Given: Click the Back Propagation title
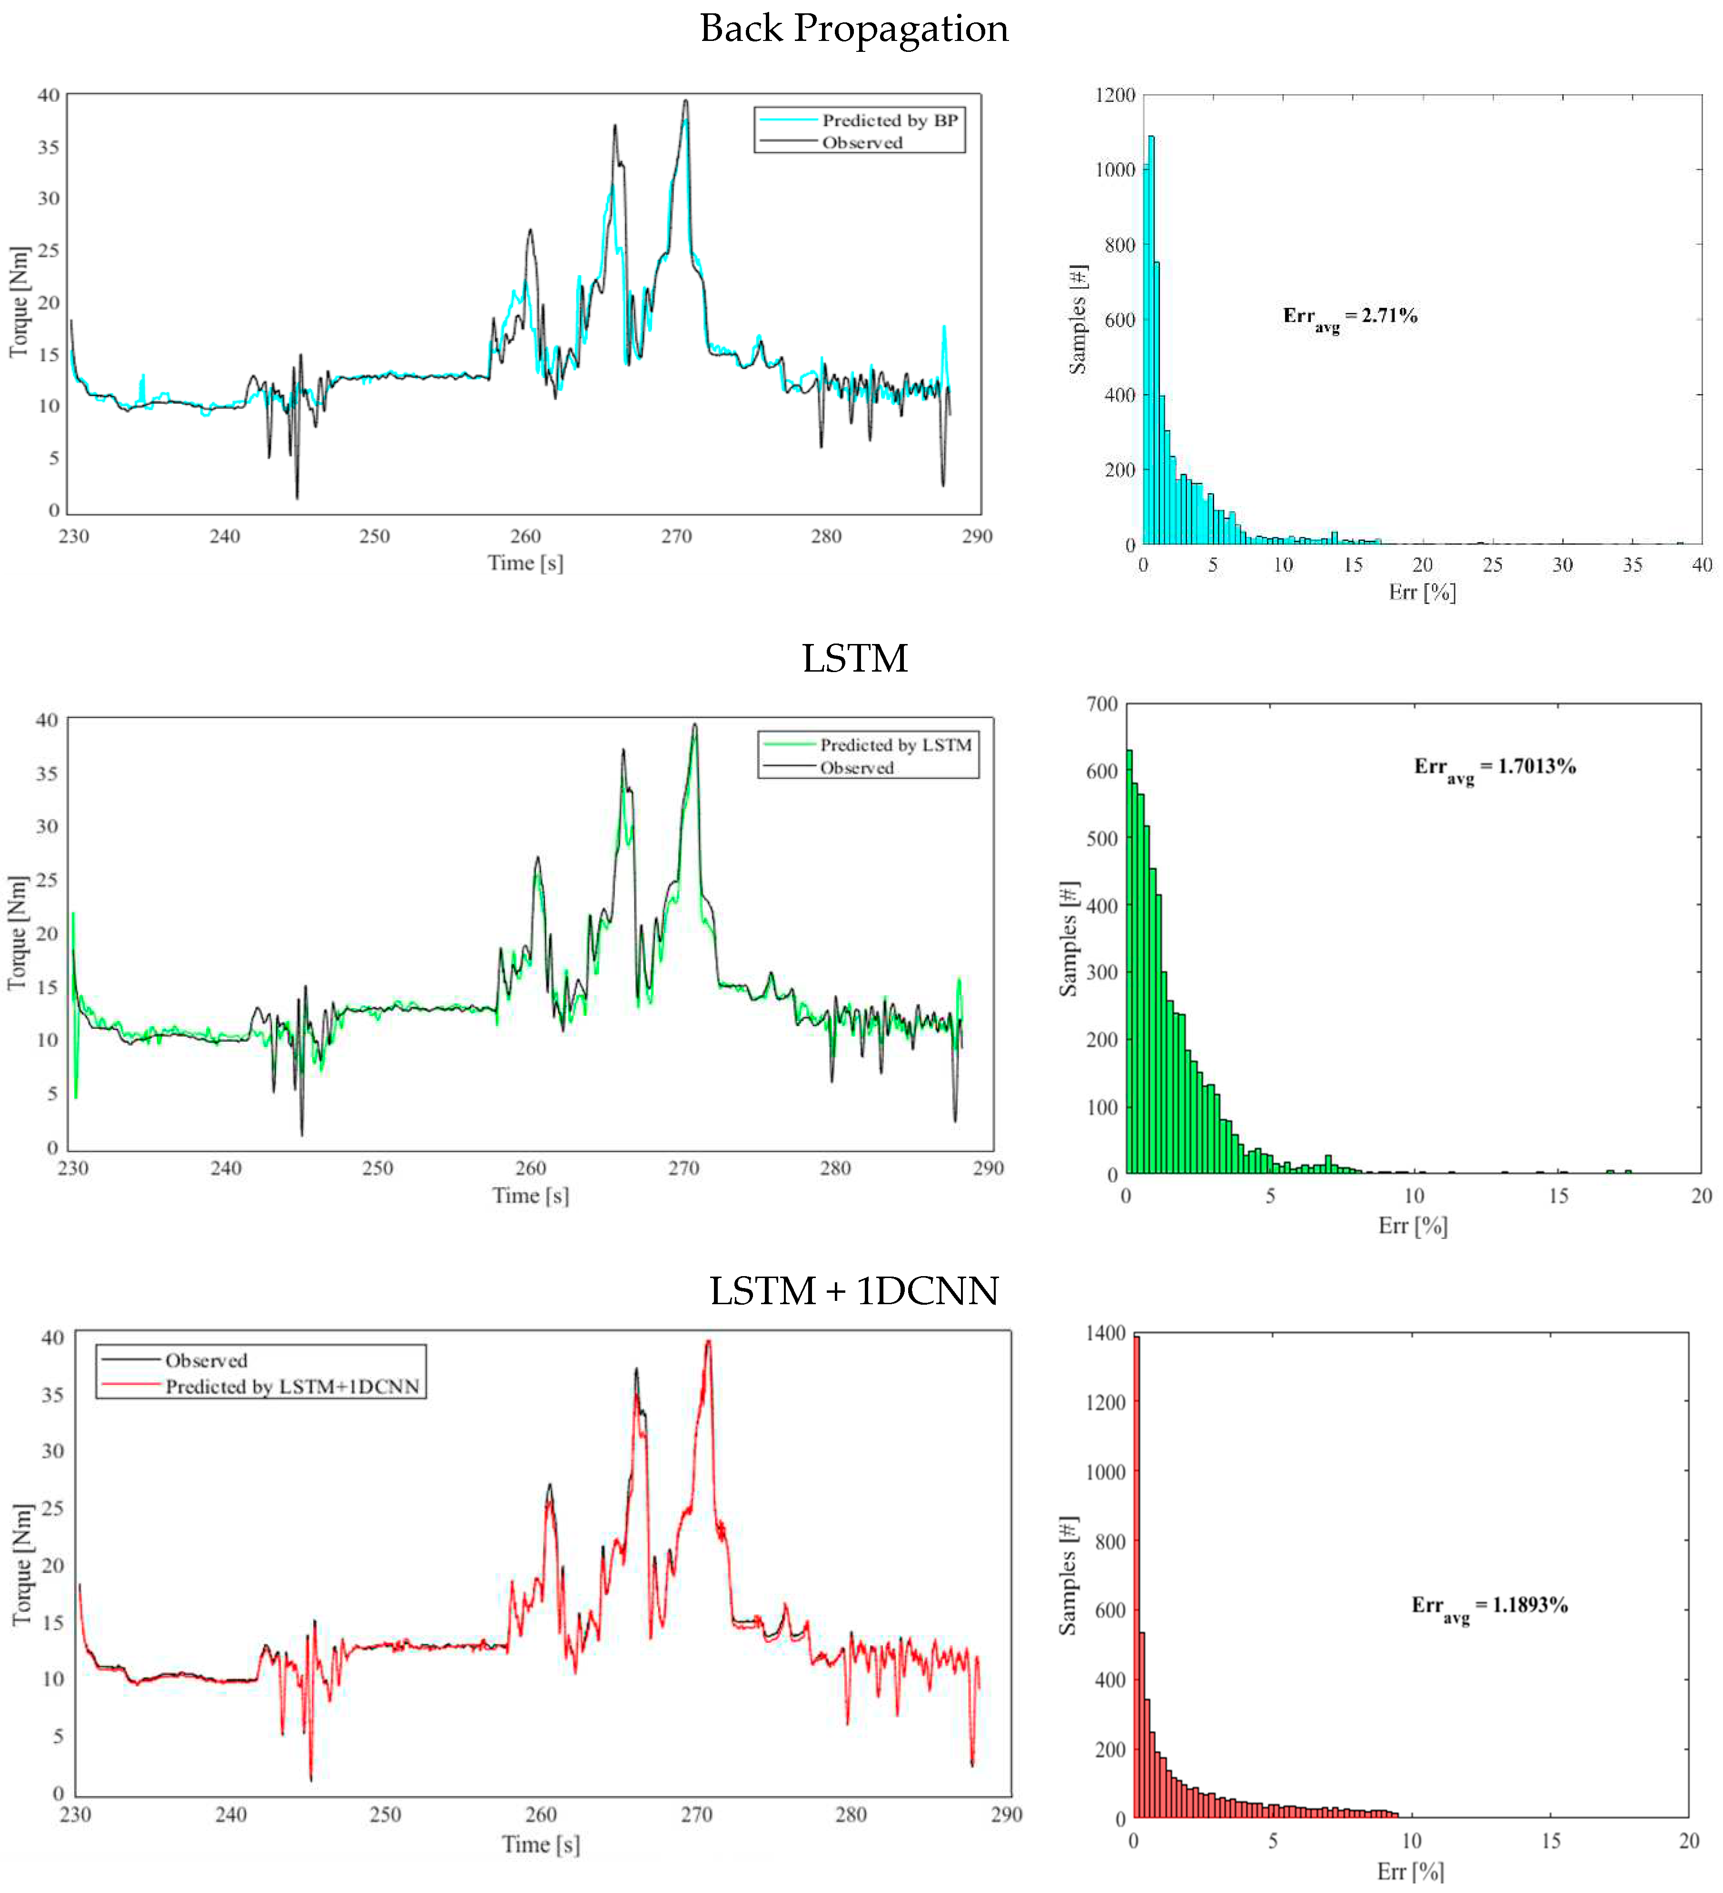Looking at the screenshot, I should coord(853,28).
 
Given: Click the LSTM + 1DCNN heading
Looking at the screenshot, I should coord(853,1291).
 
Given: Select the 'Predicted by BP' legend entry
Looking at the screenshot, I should coord(888,120).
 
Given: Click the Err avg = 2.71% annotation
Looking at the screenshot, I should coord(1349,317).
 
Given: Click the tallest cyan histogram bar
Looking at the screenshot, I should coord(1150,338).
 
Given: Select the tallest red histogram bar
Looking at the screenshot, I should coord(1137,1577).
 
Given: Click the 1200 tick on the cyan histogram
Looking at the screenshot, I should coord(1116,95).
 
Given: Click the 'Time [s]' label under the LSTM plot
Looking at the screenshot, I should coord(531,1195).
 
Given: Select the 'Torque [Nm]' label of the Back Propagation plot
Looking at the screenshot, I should coord(19,301).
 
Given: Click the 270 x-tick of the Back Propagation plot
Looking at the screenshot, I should coord(676,536).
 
